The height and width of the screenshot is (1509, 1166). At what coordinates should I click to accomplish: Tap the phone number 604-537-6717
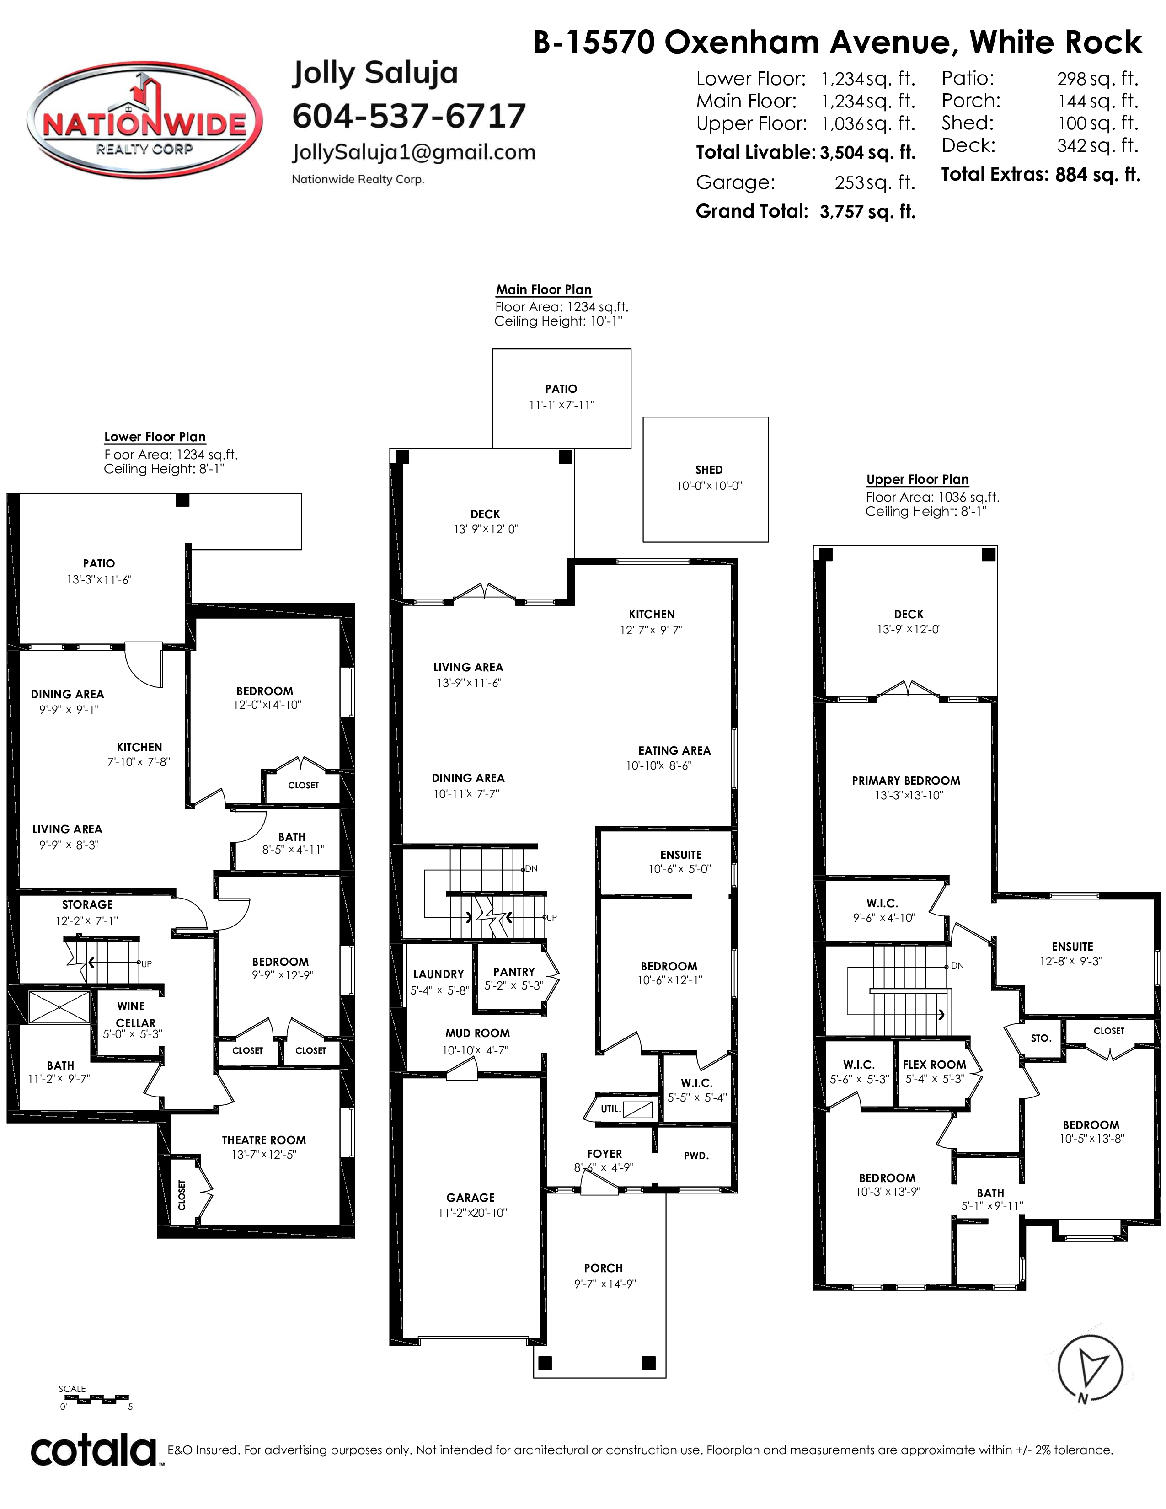click(409, 115)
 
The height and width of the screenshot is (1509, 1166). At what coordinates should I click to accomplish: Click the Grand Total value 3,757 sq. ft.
click(867, 211)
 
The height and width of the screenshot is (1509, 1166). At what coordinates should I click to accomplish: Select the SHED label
click(709, 470)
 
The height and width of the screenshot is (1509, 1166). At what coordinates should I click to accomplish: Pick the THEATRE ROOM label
click(264, 1140)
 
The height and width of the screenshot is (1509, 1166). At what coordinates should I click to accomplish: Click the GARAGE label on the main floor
click(471, 1198)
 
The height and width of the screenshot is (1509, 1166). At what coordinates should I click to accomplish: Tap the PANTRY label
click(514, 971)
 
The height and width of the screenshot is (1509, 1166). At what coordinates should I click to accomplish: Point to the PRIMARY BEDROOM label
click(905, 781)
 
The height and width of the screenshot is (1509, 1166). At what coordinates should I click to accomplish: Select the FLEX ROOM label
click(934, 1065)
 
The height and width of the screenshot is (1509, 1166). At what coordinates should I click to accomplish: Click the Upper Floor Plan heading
click(917, 480)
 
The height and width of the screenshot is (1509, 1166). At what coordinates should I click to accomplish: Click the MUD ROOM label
click(477, 1033)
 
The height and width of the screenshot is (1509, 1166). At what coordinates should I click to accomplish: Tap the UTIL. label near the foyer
click(610, 1109)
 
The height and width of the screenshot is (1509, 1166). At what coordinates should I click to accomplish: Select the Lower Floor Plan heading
click(155, 437)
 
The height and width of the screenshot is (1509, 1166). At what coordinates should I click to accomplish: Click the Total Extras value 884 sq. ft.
click(1097, 175)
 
